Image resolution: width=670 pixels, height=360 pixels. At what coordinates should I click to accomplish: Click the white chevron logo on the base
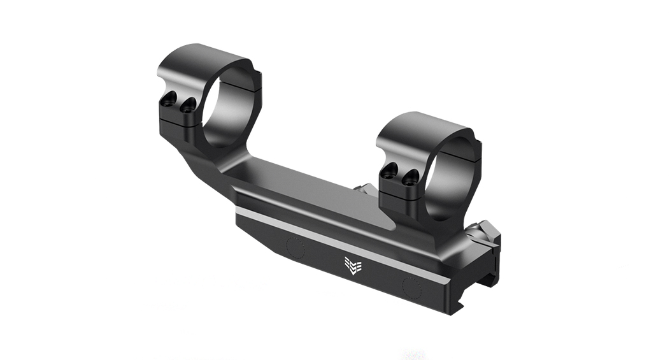[x=352, y=264]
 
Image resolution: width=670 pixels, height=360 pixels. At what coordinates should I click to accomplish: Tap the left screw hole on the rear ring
[x=169, y=99]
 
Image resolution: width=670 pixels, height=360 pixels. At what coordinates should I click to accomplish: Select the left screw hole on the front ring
[x=390, y=169]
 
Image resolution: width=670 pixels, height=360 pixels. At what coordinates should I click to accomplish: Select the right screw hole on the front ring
[x=410, y=177]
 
